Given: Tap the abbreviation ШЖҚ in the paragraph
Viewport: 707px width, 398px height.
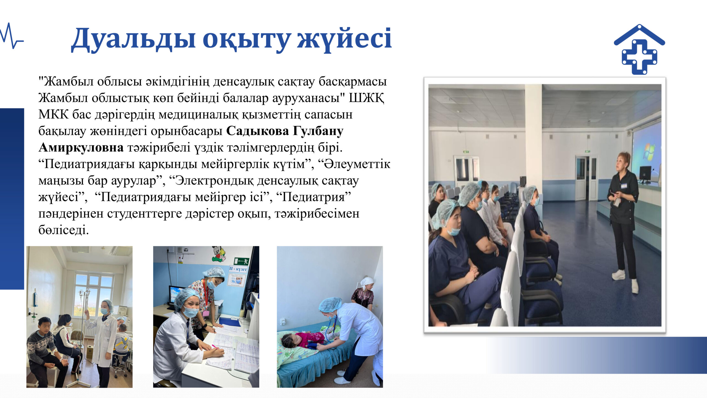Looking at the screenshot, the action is [x=366, y=98].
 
